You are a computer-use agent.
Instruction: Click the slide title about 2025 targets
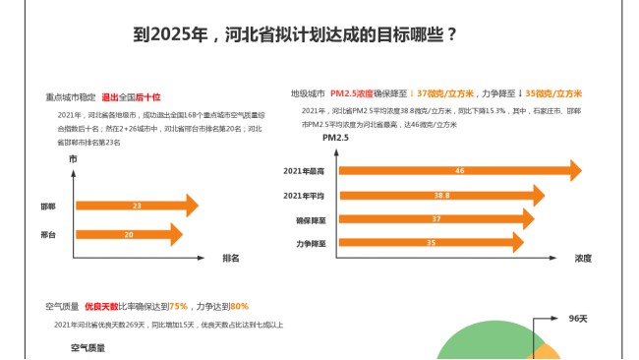click(295, 34)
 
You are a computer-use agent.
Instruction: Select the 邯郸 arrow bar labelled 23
click(137, 206)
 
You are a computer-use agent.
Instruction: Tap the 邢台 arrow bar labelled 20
click(129, 235)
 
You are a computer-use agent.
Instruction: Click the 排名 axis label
click(231, 258)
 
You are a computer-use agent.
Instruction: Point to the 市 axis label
click(73, 158)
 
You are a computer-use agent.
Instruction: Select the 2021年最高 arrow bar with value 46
click(460, 171)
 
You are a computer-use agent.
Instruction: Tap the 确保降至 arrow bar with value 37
click(436, 219)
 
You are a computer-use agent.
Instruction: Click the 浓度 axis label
click(584, 258)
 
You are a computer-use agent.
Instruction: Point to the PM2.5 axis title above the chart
click(336, 137)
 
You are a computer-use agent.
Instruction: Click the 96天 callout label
click(578, 319)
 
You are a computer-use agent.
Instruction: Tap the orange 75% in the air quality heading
click(178, 306)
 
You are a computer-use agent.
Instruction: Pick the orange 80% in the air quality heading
click(239, 306)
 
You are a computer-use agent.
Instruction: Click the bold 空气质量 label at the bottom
click(87, 347)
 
